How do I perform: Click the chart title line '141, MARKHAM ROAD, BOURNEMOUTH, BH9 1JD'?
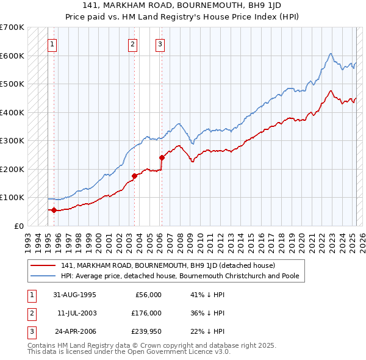pos(182,5)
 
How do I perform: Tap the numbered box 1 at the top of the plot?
pos(52,43)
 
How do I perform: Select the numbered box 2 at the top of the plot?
pos(132,43)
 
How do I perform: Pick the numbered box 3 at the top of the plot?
pos(159,43)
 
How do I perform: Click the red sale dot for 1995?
pos(54,210)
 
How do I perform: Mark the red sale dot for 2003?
pos(134,176)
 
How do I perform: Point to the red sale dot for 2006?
pos(162,157)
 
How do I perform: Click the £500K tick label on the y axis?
pos(12,84)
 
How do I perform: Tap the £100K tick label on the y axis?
pos(12,197)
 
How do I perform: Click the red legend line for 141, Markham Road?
pos(42,265)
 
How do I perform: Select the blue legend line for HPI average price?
pos(42,276)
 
